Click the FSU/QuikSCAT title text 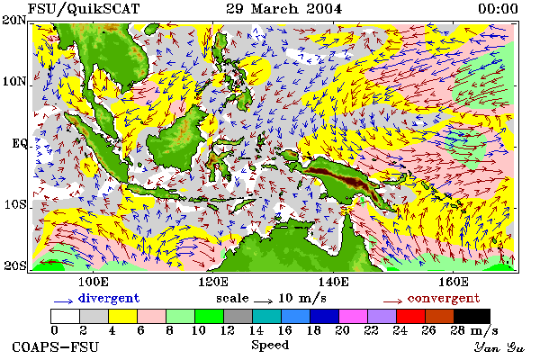84,9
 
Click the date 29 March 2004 284,9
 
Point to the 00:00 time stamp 498,9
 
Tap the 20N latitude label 14,20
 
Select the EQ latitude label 19,143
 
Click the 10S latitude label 14,204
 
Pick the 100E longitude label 94,282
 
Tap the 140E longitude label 333,282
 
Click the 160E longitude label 454,282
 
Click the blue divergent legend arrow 63,301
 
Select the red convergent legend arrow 392,301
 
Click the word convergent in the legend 444,298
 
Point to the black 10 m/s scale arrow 264,301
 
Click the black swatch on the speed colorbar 472,316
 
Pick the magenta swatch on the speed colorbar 354,316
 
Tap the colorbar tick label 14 256,330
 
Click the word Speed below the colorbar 270,346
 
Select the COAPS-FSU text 56,346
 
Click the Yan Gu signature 499,347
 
